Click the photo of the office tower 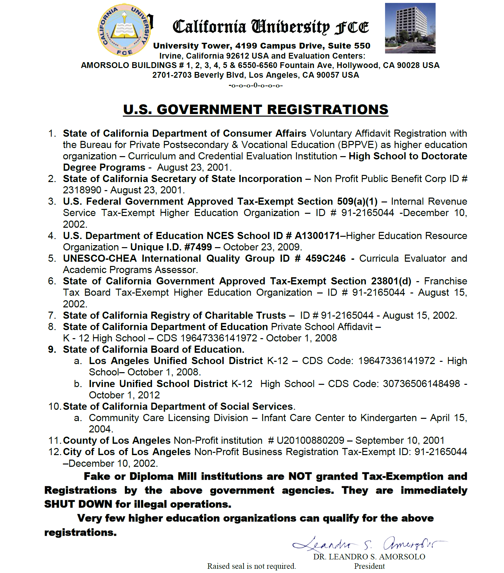(x=410, y=28)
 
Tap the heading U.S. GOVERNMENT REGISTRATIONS (x=256, y=110)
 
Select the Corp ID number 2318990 (x=82, y=190)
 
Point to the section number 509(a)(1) (x=357, y=201)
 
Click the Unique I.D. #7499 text (x=171, y=247)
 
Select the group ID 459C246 (x=325, y=258)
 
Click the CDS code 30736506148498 (x=421, y=384)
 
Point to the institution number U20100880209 (x=310, y=441)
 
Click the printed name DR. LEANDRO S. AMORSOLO (x=369, y=557)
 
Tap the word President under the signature (x=369, y=566)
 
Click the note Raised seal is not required (x=252, y=566)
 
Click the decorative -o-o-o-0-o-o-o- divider (x=255, y=86)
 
